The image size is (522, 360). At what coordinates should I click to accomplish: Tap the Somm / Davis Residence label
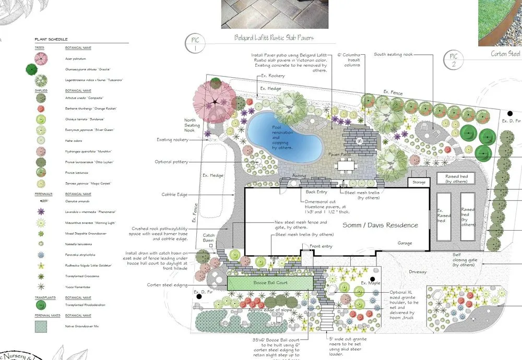pyautogui.click(x=380, y=225)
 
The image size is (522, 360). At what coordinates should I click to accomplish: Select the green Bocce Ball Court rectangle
pyautogui.click(x=270, y=283)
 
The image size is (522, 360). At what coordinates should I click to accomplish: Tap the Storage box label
pyautogui.click(x=419, y=183)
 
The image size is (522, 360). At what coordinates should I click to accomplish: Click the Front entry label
pyautogui.click(x=322, y=246)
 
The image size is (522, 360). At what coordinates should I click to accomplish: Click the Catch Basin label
pyautogui.click(x=209, y=238)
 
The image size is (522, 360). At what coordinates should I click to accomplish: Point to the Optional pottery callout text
pyautogui.click(x=171, y=162)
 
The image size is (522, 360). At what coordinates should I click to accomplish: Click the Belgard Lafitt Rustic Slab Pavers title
pyautogui.click(x=274, y=38)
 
